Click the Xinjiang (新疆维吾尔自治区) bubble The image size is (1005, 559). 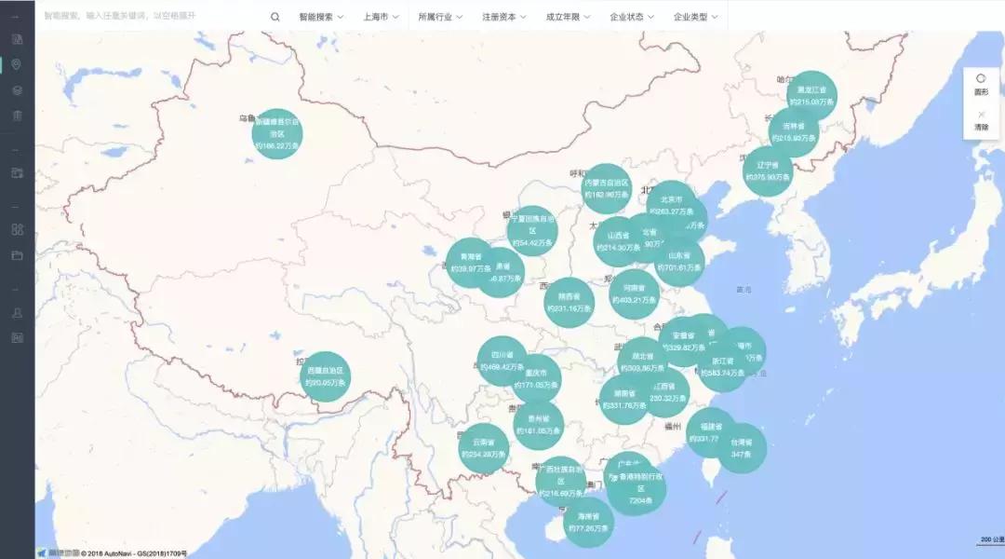click(277, 133)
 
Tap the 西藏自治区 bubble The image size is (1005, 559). click(327, 376)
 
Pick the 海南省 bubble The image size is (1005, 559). click(588, 522)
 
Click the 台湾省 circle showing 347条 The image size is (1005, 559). click(742, 448)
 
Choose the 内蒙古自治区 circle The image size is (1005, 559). click(607, 188)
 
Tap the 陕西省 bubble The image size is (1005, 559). click(569, 302)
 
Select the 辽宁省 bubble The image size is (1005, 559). click(768, 171)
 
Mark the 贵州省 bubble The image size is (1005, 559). click(538, 425)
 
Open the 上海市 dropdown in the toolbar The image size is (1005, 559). click(382, 17)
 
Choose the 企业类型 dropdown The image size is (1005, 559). click(695, 17)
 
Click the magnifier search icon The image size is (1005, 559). click(275, 17)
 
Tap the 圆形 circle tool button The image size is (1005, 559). click(981, 85)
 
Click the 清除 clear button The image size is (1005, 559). click(981, 119)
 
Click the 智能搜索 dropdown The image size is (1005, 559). click(321, 17)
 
